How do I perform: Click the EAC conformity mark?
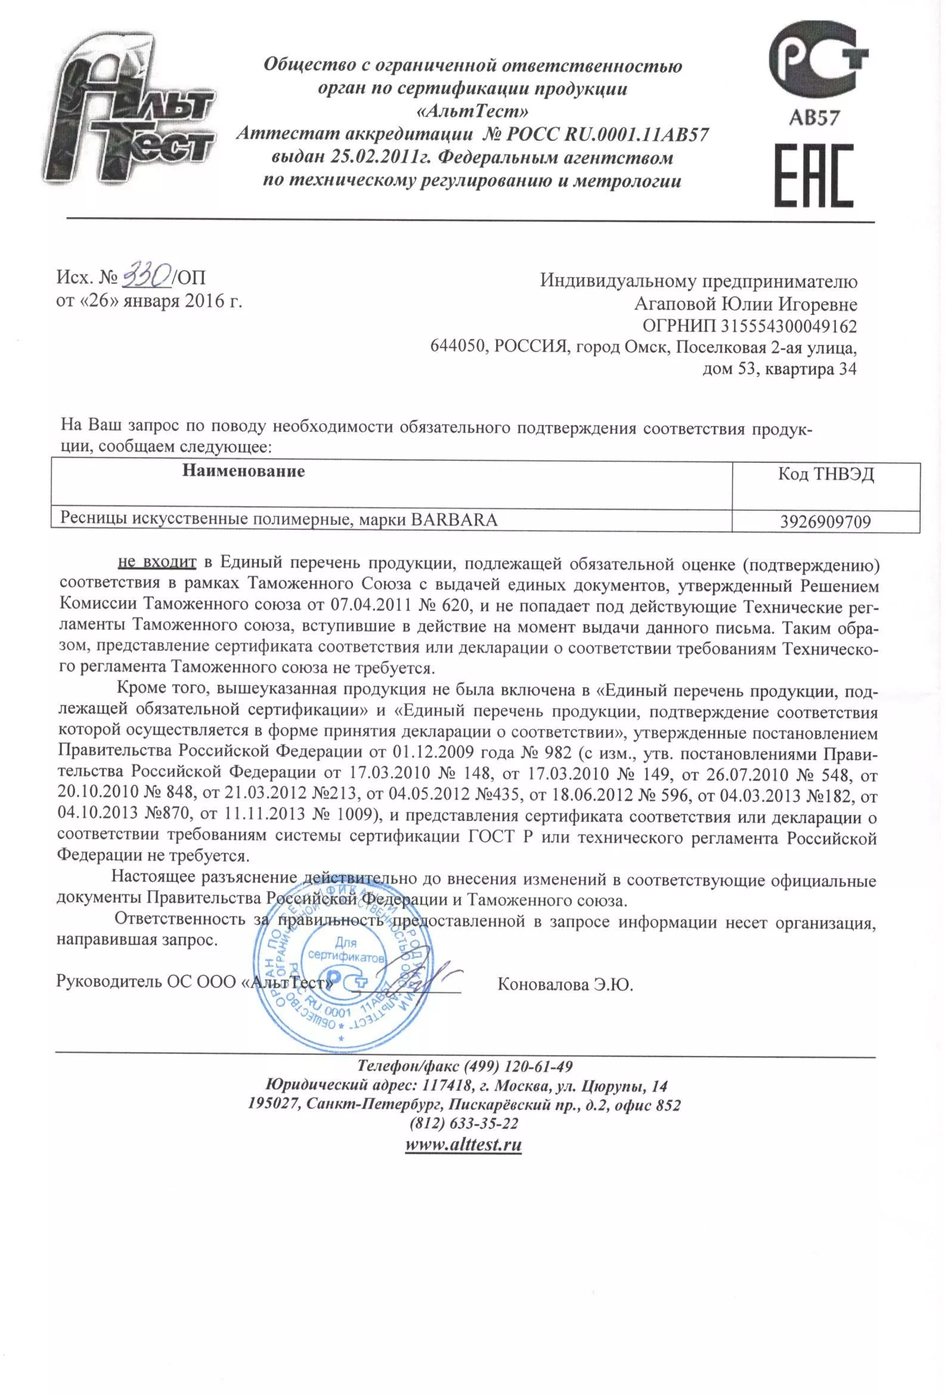coord(814,176)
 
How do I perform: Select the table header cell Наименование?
coord(244,471)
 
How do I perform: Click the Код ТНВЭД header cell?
coord(826,475)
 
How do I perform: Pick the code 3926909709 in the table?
coord(825,521)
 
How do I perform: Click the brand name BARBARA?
coord(454,519)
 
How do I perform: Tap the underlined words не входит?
coord(157,563)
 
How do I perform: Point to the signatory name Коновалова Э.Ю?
coord(565,984)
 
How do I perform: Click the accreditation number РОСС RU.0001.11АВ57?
coord(607,134)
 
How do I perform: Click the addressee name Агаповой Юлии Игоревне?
coord(745,304)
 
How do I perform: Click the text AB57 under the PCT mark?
coord(813,118)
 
